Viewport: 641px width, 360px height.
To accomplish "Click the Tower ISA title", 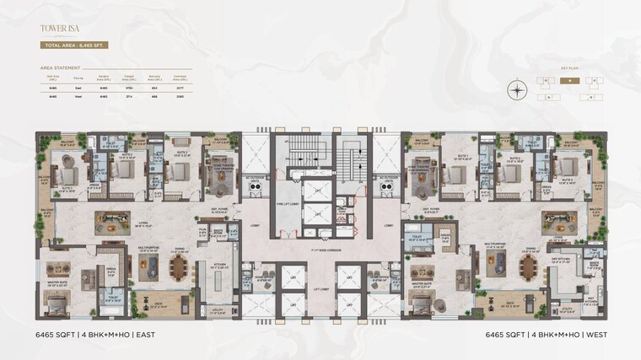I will click(53, 28).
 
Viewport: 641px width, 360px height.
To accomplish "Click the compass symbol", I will click(517, 89).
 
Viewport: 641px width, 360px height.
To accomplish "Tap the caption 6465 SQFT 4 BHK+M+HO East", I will click(95, 335).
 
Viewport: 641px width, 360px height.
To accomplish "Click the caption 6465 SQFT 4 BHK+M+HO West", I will click(546, 335).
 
